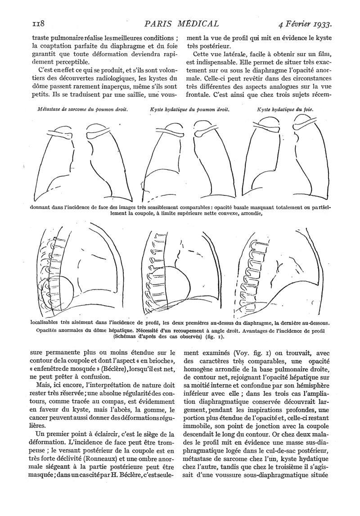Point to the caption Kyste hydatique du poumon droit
[189, 109]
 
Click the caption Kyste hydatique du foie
[285, 109]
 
